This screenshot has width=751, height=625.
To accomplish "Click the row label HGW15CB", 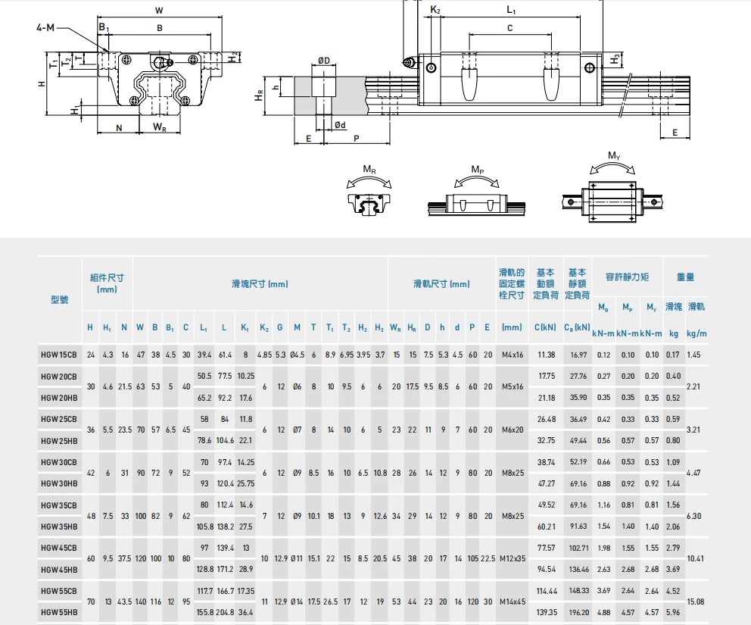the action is point(59,355).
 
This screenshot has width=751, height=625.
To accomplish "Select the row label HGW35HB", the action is point(59,527).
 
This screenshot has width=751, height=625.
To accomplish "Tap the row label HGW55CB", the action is point(59,591).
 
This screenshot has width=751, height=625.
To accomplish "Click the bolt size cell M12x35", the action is point(513,559).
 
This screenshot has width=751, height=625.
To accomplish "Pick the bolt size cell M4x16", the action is point(513,355).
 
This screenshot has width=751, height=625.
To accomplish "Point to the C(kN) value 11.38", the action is point(546,355).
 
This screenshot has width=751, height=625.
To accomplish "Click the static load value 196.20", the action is point(578,613).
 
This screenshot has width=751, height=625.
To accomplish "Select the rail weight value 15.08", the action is point(696,602).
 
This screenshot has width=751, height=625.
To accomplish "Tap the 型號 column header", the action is point(60,300).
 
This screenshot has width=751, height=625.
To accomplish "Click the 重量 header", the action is point(685,277).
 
